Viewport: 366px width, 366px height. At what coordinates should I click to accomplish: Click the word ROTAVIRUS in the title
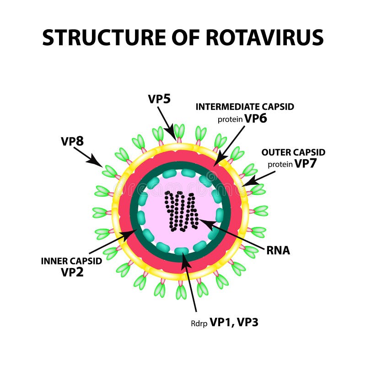click(264, 38)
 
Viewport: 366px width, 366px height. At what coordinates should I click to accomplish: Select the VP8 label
click(72, 141)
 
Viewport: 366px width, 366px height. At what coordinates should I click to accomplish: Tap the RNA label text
click(278, 251)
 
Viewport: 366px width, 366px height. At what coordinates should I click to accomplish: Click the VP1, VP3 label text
click(234, 322)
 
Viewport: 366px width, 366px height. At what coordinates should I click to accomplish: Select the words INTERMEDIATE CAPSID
click(245, 107)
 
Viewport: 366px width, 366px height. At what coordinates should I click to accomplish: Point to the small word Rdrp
click(199, 323)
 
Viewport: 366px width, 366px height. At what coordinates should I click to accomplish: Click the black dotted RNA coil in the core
click(182, 210)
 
